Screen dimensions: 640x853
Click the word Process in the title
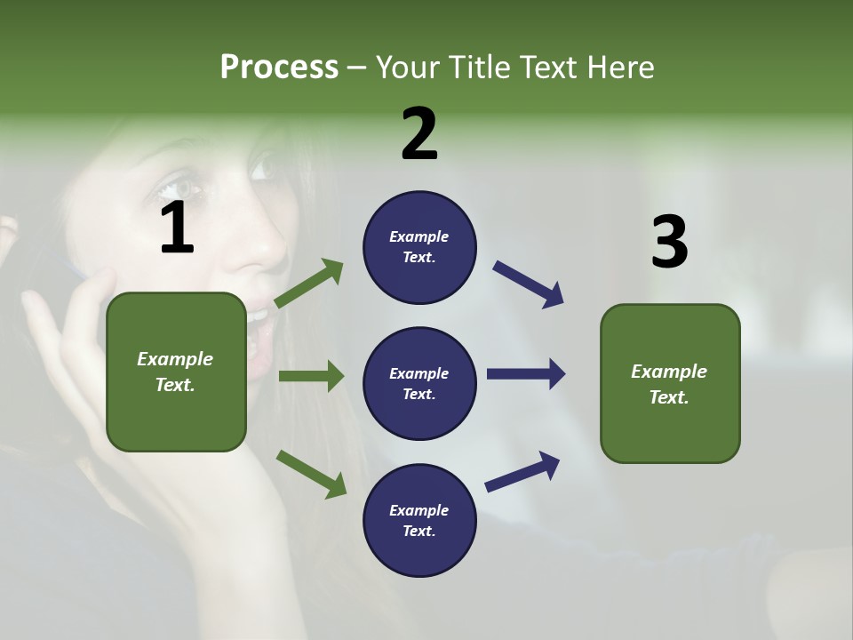coord(279,68)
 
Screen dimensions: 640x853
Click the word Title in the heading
coord(478,68)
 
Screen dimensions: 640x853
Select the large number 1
coord(177,229)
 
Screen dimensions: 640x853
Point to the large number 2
coord(419,134)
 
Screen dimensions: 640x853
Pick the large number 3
coord(669,243)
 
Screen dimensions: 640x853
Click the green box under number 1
coord(176,372)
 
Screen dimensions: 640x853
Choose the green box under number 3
coord(670,383)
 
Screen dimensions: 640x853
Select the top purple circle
coord(419,247)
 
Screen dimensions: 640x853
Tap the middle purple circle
coord(419,383)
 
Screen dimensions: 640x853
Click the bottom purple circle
coord(419,520)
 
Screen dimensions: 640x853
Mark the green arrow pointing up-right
coord(309,284)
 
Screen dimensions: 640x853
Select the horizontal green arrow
coord(311,376)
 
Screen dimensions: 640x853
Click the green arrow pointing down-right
coord(311,473)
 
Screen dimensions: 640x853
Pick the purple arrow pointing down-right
coord(529,284)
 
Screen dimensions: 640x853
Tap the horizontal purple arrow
coord(526,374)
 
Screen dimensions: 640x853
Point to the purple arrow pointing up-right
coord(522,471)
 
